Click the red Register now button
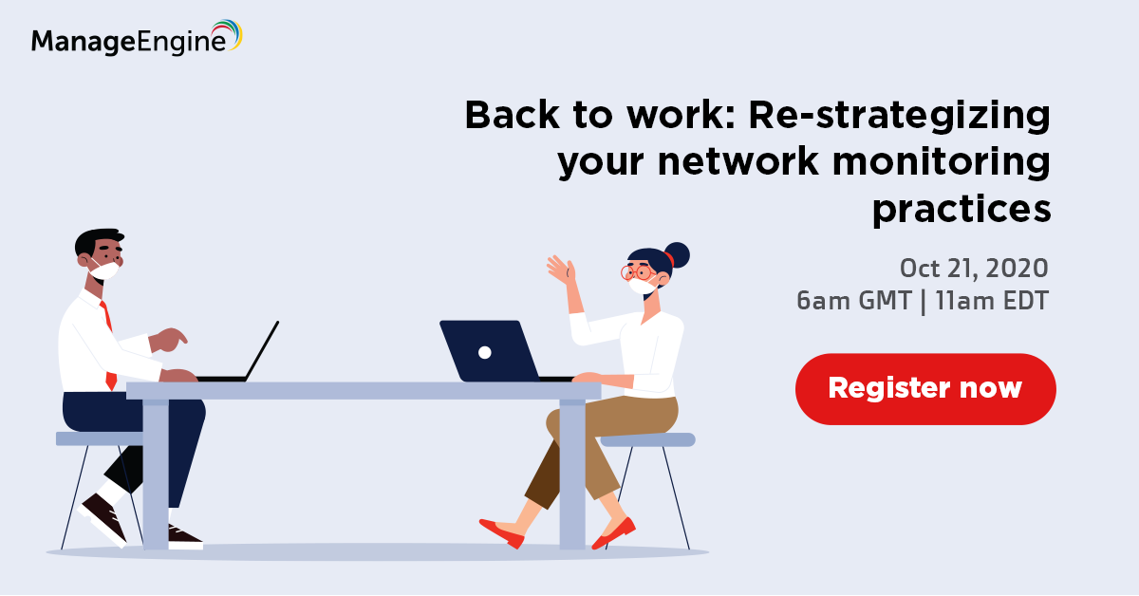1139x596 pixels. (925, 389)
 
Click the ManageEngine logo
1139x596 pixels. (137, 38)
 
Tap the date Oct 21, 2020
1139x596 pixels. (974, 268)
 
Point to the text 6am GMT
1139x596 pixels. (853, 301)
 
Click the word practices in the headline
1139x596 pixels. (962, 210)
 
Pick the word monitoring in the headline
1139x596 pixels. (942, 162)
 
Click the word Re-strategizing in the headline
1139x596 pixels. (900, 116)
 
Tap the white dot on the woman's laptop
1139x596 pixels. (485, 352)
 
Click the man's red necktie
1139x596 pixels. (108, 345)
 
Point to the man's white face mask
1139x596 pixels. (104, 270)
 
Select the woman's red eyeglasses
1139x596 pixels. (639, 273)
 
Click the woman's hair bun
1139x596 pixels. (677, 255)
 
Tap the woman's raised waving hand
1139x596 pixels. (561, 270)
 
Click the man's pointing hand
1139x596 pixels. (168, 340)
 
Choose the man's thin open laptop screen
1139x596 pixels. (262, 351)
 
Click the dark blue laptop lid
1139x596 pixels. (489, 351)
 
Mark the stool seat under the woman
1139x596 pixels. (647, 439)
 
